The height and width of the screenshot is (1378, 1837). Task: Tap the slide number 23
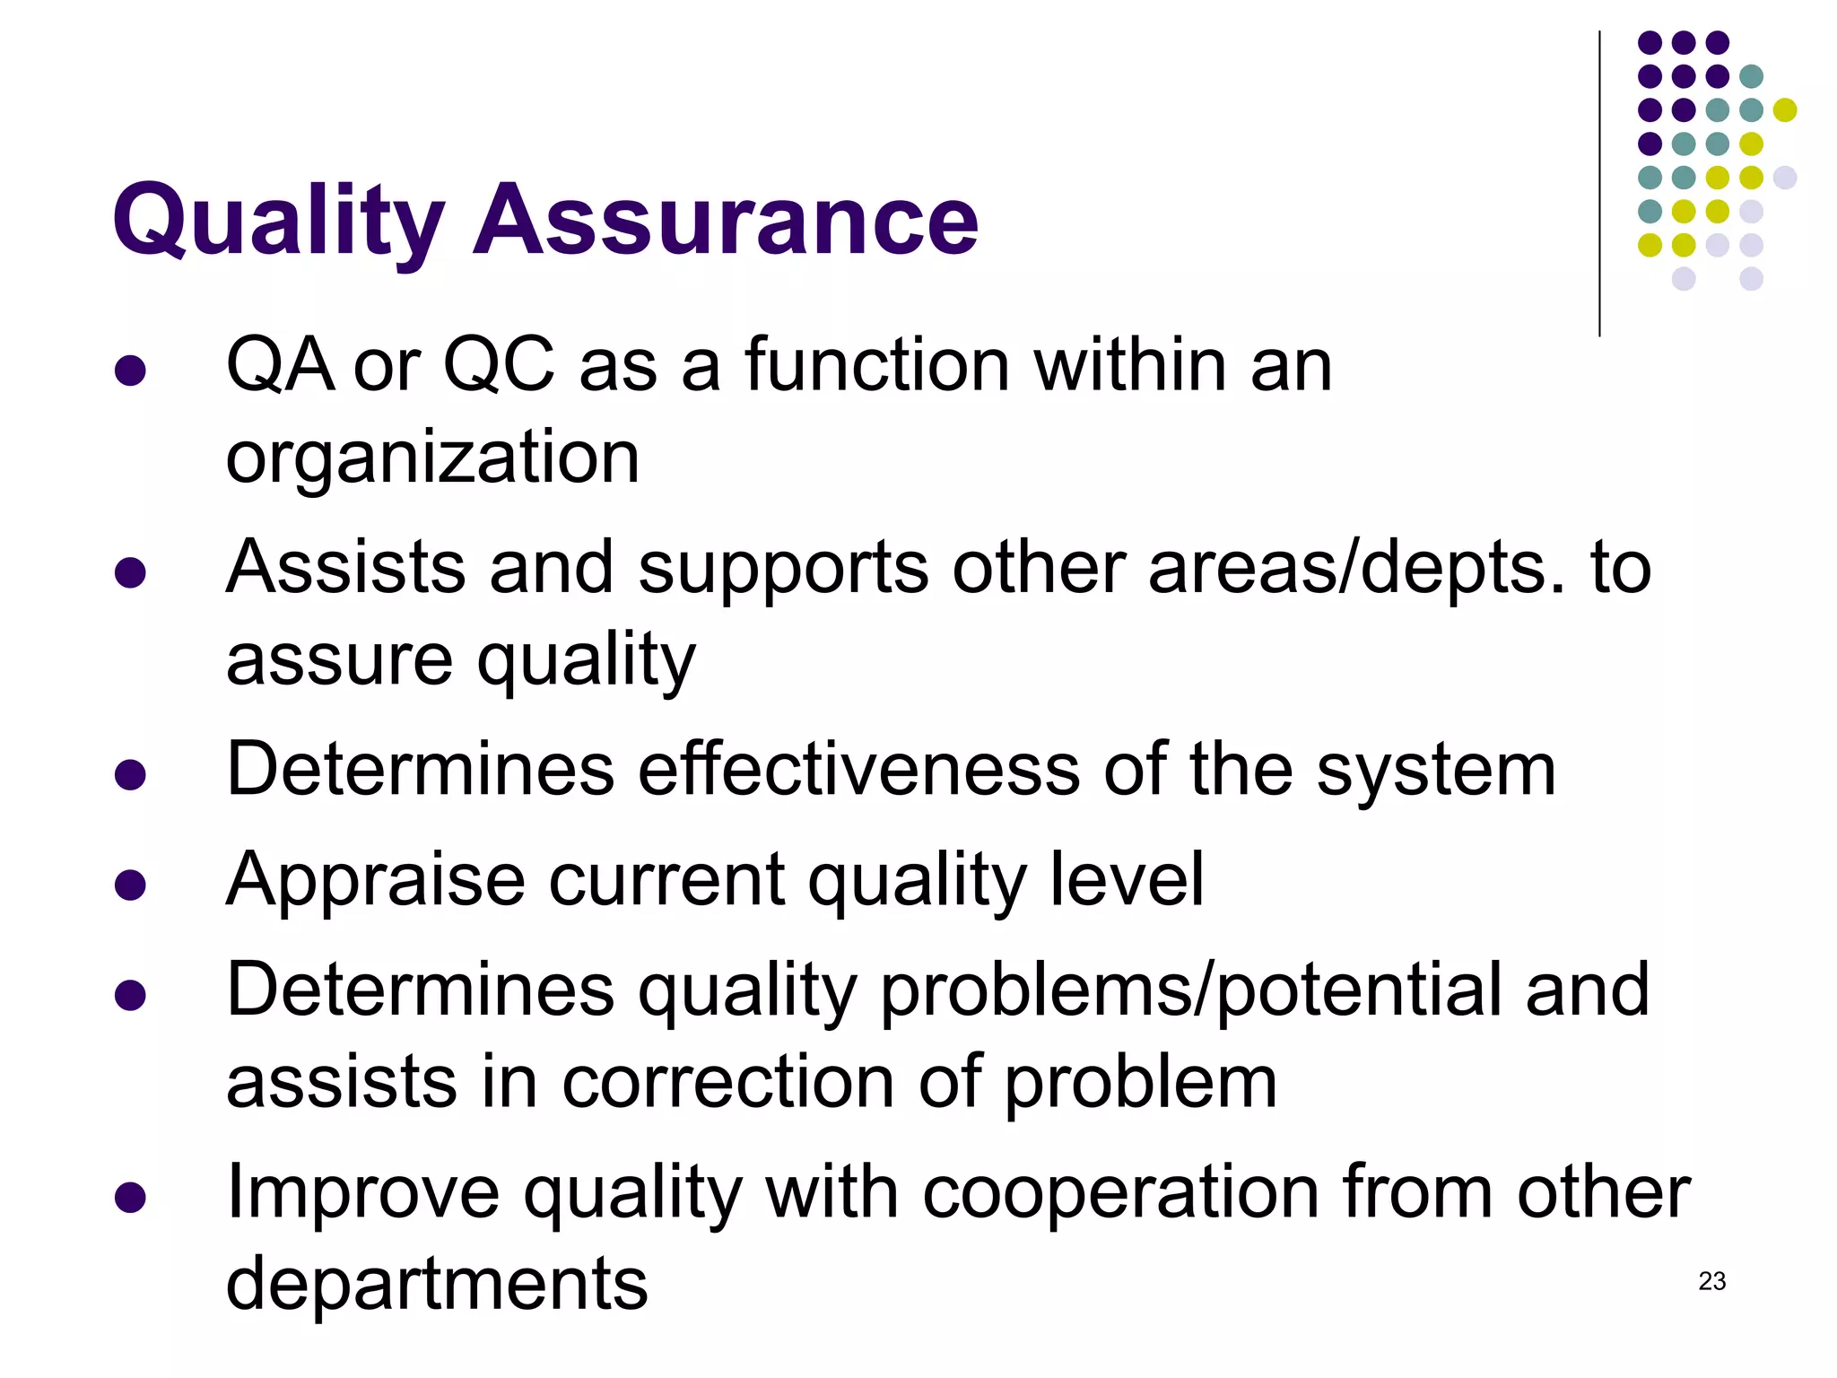point(1711,1281)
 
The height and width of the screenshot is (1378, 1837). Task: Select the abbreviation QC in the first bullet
point(499,366)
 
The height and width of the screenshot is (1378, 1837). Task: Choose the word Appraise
point(375,881)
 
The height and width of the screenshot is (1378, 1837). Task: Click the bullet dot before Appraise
point(131,885)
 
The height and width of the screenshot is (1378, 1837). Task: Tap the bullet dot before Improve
point(131,1198)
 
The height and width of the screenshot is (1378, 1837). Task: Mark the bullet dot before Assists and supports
point(131,572)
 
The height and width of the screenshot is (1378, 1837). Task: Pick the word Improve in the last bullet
point(362,1193)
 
